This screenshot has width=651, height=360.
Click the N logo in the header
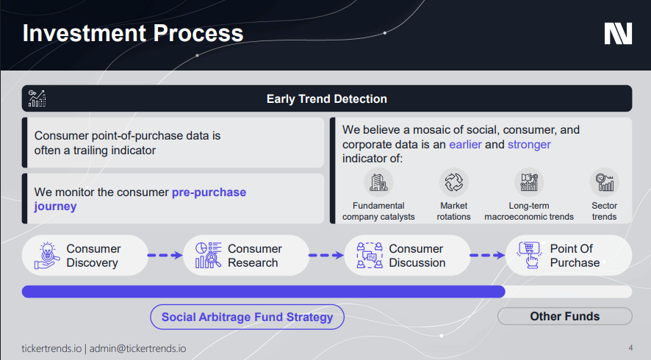point(618,34)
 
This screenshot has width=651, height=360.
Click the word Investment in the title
point(84,33)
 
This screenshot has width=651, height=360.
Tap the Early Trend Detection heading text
point(327,99)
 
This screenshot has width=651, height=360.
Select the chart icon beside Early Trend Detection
point(37,98)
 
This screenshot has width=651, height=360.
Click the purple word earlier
point(465,145)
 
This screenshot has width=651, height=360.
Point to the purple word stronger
point(529,145)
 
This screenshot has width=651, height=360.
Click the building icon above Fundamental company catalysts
point(378,182)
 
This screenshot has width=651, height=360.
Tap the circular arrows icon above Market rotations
point(454,182)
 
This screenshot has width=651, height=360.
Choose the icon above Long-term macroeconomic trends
point(529,182)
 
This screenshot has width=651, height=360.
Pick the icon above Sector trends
point(605,182)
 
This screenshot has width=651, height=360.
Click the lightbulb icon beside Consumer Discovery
point(47,256)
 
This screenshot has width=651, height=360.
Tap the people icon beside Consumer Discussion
point(370,256)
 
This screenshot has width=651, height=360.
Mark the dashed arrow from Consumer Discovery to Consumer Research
point(165,256)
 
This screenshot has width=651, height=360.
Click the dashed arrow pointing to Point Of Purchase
point(487,256)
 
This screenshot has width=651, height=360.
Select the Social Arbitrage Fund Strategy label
point(247,317)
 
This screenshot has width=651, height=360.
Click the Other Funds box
point(564,317)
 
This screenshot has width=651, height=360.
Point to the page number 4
point(630,348)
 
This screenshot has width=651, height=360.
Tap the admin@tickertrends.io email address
point(138,348)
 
